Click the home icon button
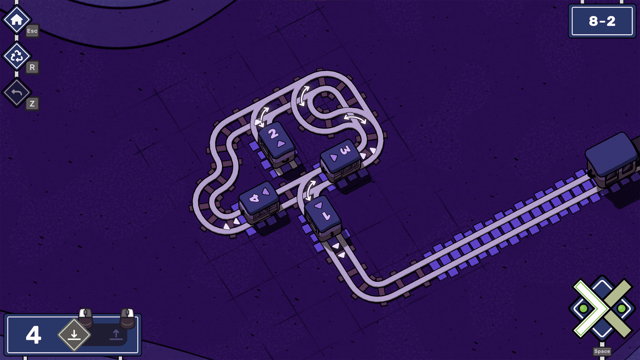tap(16, 20)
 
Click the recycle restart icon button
tap(16, 56)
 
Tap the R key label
tap(32, 67)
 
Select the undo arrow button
tap(16, 92)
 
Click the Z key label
tap(32, 104)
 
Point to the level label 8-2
tap(602, 21)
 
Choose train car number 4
tap(259, 202)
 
